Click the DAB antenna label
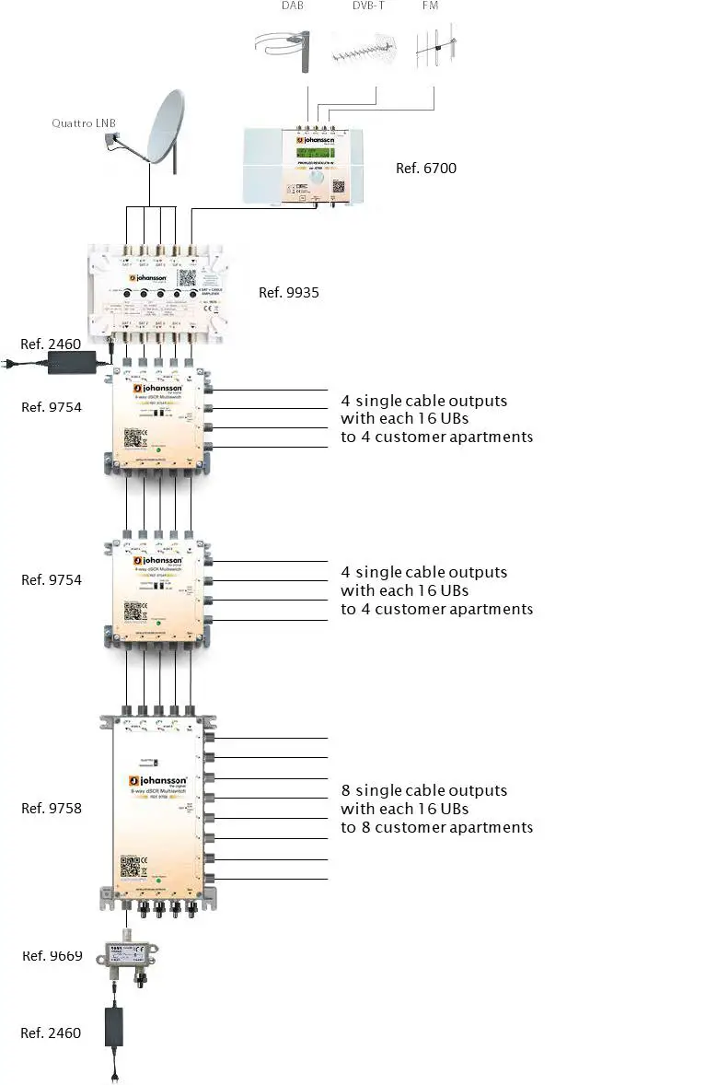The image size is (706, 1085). pos(293,7)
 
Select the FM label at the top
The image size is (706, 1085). pos(430,7)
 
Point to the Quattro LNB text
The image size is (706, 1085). pos(84,123)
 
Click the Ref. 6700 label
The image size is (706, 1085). pos(425,168)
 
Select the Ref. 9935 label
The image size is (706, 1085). pos(289,292)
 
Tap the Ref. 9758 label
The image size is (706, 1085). pos(52,808)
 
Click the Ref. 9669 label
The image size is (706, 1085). pos(52,956)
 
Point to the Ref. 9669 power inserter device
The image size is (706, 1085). pos(129,961)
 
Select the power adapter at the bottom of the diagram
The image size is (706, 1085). pos(116,1027)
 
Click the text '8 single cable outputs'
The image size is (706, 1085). pos(423,790)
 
